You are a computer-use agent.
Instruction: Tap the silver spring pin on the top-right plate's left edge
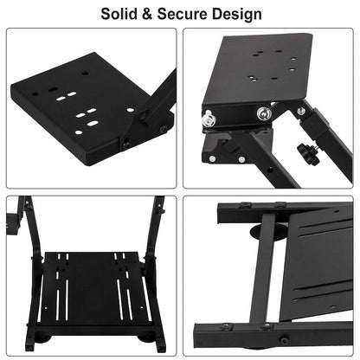point(208,120)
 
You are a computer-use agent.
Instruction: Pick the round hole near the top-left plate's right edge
point(131,110)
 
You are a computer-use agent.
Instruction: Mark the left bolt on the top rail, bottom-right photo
point(245,205)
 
